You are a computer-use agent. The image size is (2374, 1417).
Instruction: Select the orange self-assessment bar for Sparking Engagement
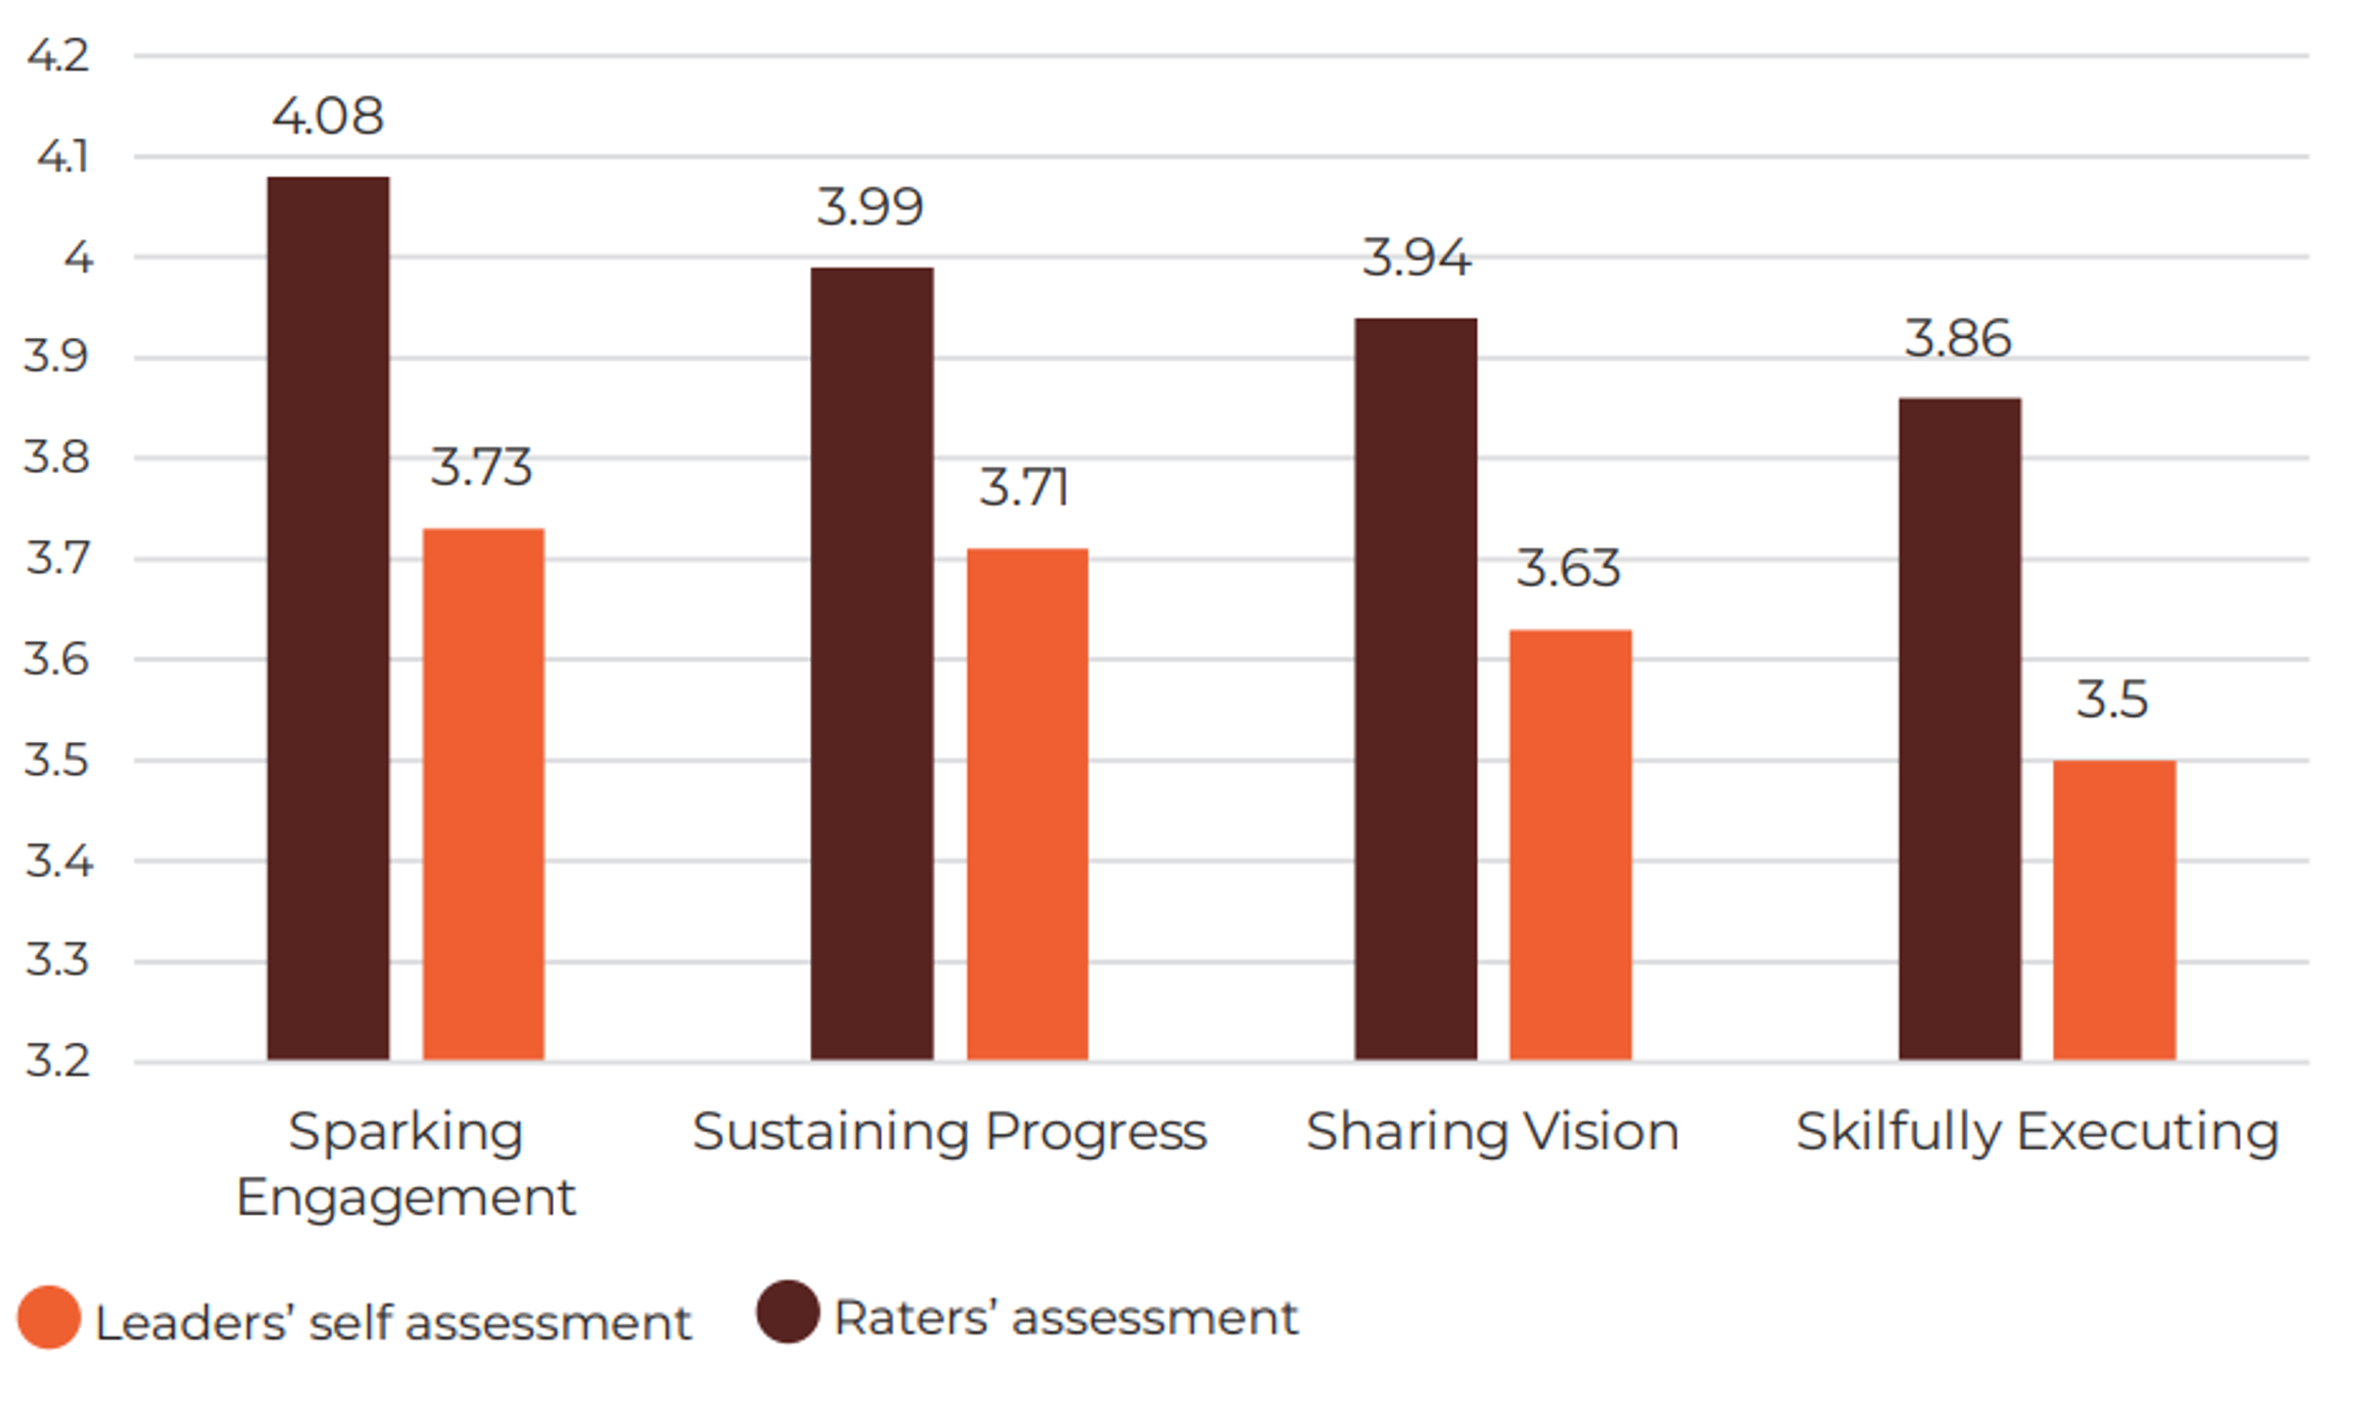click(483, 793)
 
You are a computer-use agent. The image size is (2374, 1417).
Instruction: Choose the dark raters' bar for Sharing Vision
click(1415, 688)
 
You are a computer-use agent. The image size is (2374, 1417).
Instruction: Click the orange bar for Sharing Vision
click(1570, 845)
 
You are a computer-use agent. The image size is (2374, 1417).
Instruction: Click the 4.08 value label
click(328, 117)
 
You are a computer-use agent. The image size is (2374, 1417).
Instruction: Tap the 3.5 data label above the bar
click(2112, 699)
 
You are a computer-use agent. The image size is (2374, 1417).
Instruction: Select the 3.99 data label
click(870, 207)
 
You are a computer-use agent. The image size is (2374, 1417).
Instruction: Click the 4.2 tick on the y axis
click(58, 55)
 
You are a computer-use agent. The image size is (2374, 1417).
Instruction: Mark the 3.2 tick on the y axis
click(58, 1061)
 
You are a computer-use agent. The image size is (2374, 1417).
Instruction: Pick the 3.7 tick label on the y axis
click(58, 558)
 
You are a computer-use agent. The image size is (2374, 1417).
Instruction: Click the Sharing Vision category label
click(1492, 1133)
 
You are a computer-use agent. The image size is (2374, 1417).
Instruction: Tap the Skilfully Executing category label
click(2037, 1133)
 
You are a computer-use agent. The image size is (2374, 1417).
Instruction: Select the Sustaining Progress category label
click(949, 1133)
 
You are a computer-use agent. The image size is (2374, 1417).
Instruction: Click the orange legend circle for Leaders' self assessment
click(48, 1318)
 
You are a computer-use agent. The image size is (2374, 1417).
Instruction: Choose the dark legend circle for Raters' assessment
click(788, 1312)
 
